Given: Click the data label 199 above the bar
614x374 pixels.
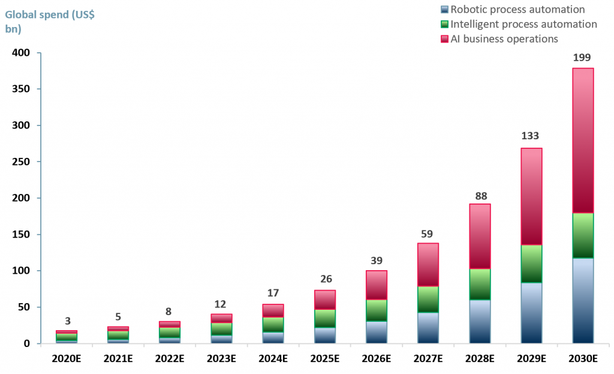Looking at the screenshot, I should (x=582, y=58).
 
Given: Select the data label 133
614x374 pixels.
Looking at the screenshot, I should (x=529, y=136).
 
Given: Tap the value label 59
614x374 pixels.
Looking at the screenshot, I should (x=426, y=234).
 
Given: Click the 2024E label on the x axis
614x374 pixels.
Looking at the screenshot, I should (x=273, y=359).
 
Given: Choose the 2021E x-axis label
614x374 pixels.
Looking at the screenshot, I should (x=118, y=359).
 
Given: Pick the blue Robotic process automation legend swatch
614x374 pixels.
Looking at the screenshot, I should (x=444, y=10).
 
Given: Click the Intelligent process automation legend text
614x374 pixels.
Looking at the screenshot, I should (x=523, y=24).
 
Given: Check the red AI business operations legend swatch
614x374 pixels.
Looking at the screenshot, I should (x=444, y=39).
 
